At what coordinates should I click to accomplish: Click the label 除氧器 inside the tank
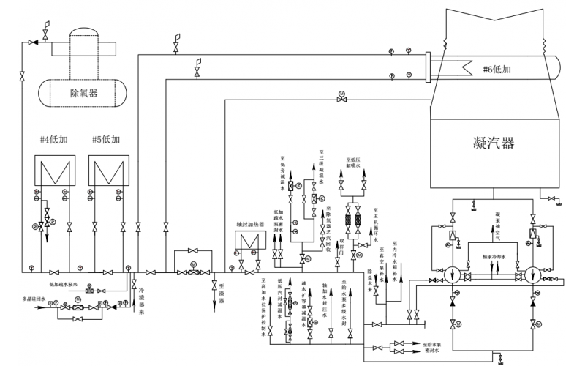click(83, 94)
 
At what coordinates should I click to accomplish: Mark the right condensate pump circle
click(535, 274)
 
